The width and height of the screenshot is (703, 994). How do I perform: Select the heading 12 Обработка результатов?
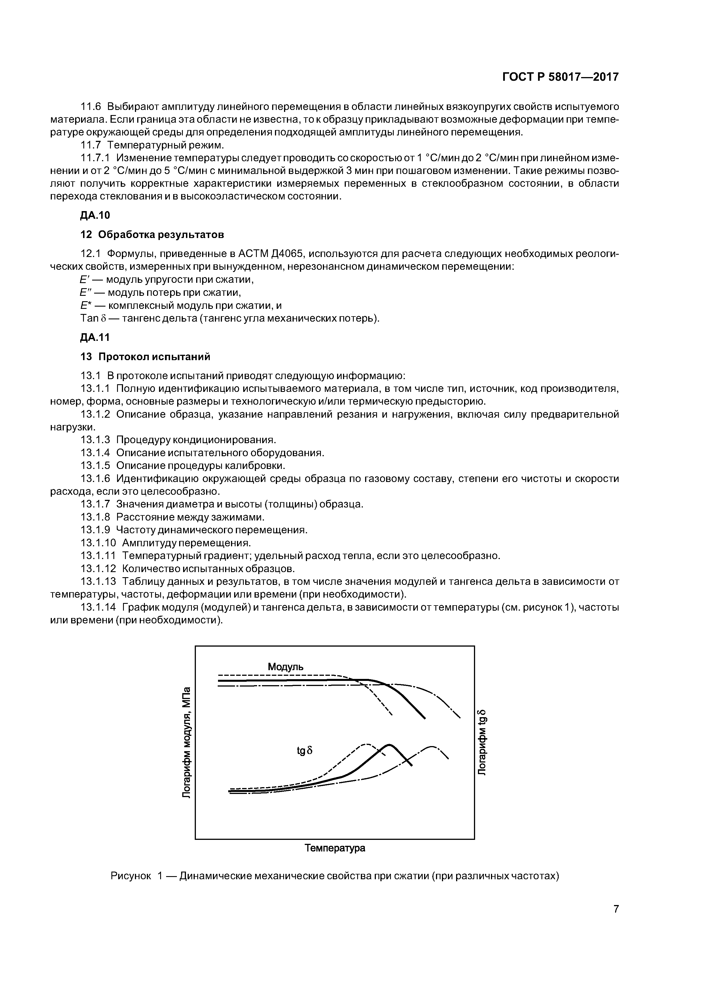click(153, 235)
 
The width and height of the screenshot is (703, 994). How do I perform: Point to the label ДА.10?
click(95, 215)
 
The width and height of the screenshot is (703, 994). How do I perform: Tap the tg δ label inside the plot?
click(304, 751)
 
